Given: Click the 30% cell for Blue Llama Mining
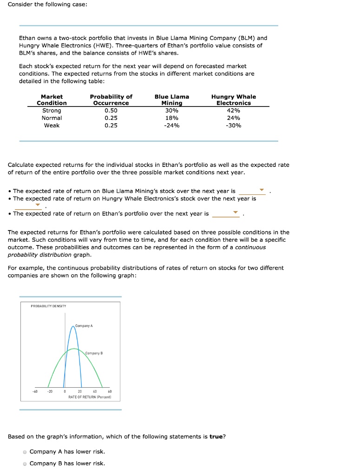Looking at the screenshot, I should pos(171,111).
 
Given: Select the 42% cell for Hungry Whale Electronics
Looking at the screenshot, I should pos(234,111).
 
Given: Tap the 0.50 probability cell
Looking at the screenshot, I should pos(111,111).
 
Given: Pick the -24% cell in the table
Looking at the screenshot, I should pos(171,126).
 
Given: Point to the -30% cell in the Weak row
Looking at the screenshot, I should pos(234,126).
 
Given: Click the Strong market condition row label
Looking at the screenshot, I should pos(52,111).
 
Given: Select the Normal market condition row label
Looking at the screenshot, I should pos(52,118).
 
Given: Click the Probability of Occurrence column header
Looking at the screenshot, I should pos(111,99).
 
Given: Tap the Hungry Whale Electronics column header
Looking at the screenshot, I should pos(234,99).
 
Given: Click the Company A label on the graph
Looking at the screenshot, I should pos(84,326).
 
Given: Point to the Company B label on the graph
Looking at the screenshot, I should pos(94,353).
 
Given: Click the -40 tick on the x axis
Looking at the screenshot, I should pos(34,391).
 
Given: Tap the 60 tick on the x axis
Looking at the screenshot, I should pos(110,391).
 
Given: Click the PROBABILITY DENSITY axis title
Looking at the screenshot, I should pos(48,306).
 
